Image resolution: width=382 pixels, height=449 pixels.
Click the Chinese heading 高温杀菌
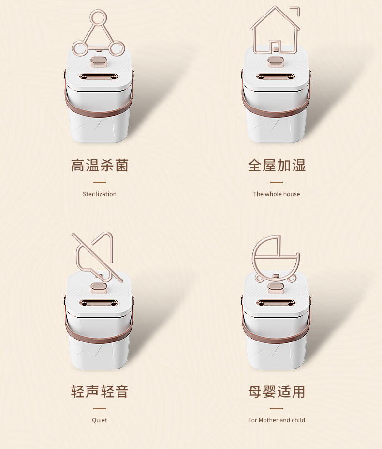(100, 166)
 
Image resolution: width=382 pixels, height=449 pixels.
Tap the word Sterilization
(100, 194)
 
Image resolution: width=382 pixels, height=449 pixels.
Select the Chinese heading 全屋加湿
(277, 166)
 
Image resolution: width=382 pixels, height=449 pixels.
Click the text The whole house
(277, 194)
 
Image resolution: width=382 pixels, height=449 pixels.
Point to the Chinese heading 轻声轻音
(100, 391)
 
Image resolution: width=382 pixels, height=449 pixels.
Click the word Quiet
(100, 420)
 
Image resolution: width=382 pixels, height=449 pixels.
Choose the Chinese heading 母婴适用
(277, 391)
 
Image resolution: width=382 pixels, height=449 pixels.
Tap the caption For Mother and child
(277, 420)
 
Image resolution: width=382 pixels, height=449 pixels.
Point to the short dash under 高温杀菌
(100, 182)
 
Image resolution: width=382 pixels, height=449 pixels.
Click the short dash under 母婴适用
(277, 409)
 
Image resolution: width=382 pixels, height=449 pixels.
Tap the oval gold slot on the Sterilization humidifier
(99, 77)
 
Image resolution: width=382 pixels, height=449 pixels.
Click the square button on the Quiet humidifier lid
(99, 287)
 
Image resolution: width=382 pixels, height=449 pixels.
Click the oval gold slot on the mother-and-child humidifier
(276, 303)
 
